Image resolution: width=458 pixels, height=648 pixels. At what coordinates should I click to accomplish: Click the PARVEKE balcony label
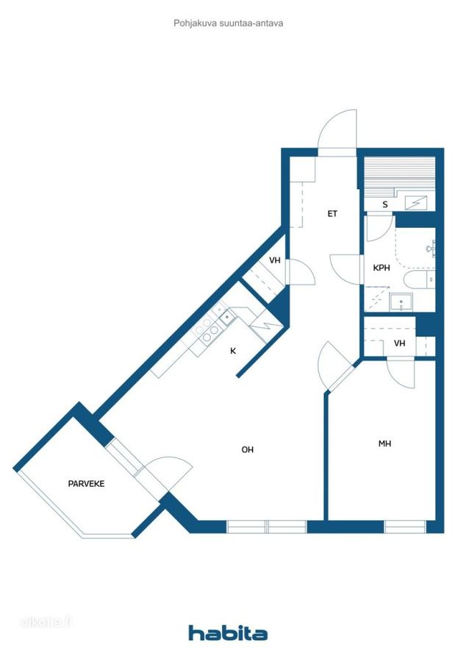point(86,483)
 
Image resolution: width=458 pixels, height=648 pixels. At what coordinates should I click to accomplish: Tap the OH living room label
point(247,449)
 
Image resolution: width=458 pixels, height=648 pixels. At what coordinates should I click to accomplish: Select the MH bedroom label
point(384,444)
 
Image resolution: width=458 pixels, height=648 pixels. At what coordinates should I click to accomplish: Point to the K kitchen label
point(233,351)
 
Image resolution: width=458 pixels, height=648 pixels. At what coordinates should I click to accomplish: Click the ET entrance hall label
point(332,213)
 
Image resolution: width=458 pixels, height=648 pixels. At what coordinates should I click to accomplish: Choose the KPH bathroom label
point(382,268)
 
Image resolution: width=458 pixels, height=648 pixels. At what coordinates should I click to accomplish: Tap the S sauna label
point(385,204)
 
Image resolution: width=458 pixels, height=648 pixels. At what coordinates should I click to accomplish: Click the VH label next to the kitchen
point(275,260)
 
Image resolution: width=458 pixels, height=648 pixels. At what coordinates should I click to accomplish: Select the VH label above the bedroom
point(399,343)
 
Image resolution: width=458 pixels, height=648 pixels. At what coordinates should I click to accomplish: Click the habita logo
point(228,633)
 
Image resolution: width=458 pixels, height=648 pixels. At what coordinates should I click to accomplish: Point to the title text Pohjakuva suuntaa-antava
point(229,23)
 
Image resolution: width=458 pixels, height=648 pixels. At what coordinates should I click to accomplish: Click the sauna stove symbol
point(415,202)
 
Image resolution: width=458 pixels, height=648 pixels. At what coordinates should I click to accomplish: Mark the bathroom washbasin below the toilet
point(401,302)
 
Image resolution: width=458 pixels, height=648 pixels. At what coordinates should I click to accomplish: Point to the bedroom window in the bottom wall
point(405,527)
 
